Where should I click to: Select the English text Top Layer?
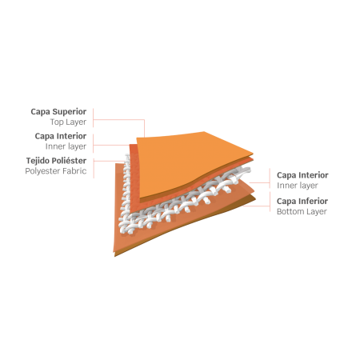tap(68, 122)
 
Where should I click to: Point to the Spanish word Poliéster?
tap(69, 161)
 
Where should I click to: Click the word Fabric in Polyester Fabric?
tap(75, 171)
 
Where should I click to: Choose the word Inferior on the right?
tap(314, 201)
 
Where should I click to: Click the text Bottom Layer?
tap(302, 211)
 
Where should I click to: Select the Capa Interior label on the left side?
tap(61, 136)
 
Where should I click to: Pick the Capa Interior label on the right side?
tap(302, 175)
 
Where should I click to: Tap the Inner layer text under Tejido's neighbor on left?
tap(66, 146)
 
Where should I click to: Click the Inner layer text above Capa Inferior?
tap(298, 186)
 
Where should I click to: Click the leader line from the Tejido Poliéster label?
tap(110, 161)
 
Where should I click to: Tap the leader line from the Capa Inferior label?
tap(257, 206)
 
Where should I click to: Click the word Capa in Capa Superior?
tap(40, 112)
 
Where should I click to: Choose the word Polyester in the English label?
tap(43, 171)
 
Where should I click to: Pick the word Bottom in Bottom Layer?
tap(290, 211)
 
